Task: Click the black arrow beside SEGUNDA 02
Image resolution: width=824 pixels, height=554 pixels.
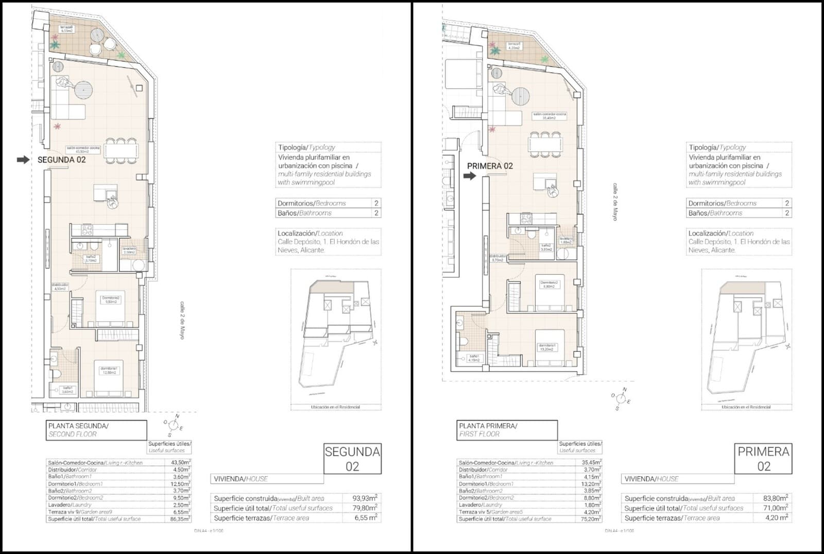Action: [23, 160]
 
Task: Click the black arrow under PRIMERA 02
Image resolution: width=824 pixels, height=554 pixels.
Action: [469, 176]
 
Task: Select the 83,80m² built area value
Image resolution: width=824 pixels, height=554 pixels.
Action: [775, 498]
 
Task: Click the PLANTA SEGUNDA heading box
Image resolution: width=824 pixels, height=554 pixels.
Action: [96, 430]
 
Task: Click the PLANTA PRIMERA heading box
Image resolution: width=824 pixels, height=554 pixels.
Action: [507, 430]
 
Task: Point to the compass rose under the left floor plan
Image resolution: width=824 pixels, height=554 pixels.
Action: [173, 426]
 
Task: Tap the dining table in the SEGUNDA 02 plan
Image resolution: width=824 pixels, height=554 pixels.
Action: [122, 151]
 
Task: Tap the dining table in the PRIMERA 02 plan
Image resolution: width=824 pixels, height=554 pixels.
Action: [545, 144]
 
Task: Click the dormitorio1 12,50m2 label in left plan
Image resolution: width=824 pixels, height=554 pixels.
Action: [109, 370]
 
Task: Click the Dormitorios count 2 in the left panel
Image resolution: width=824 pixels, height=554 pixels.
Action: [376, 203]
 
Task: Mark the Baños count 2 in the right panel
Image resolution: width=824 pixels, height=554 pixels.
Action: [786, 213]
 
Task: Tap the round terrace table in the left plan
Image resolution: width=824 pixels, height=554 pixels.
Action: [97, 36]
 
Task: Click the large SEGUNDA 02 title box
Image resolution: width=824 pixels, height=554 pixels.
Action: [352, 459]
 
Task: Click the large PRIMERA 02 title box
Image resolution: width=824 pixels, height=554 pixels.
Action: [763, 459]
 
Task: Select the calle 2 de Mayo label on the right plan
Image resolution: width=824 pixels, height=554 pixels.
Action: [615, 202]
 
